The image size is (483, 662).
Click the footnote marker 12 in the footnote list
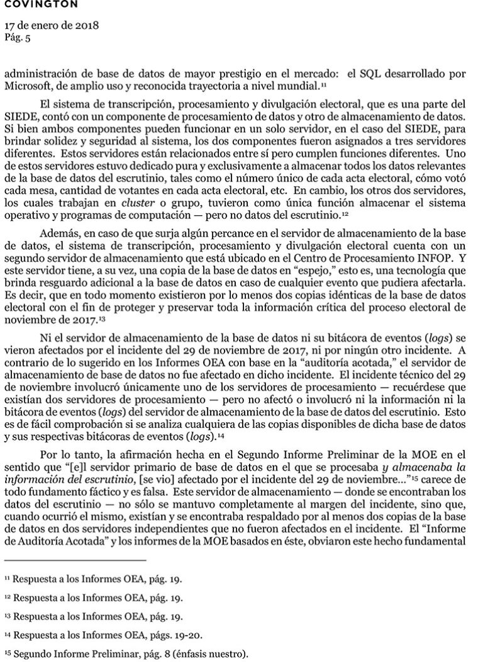pos(8,594)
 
